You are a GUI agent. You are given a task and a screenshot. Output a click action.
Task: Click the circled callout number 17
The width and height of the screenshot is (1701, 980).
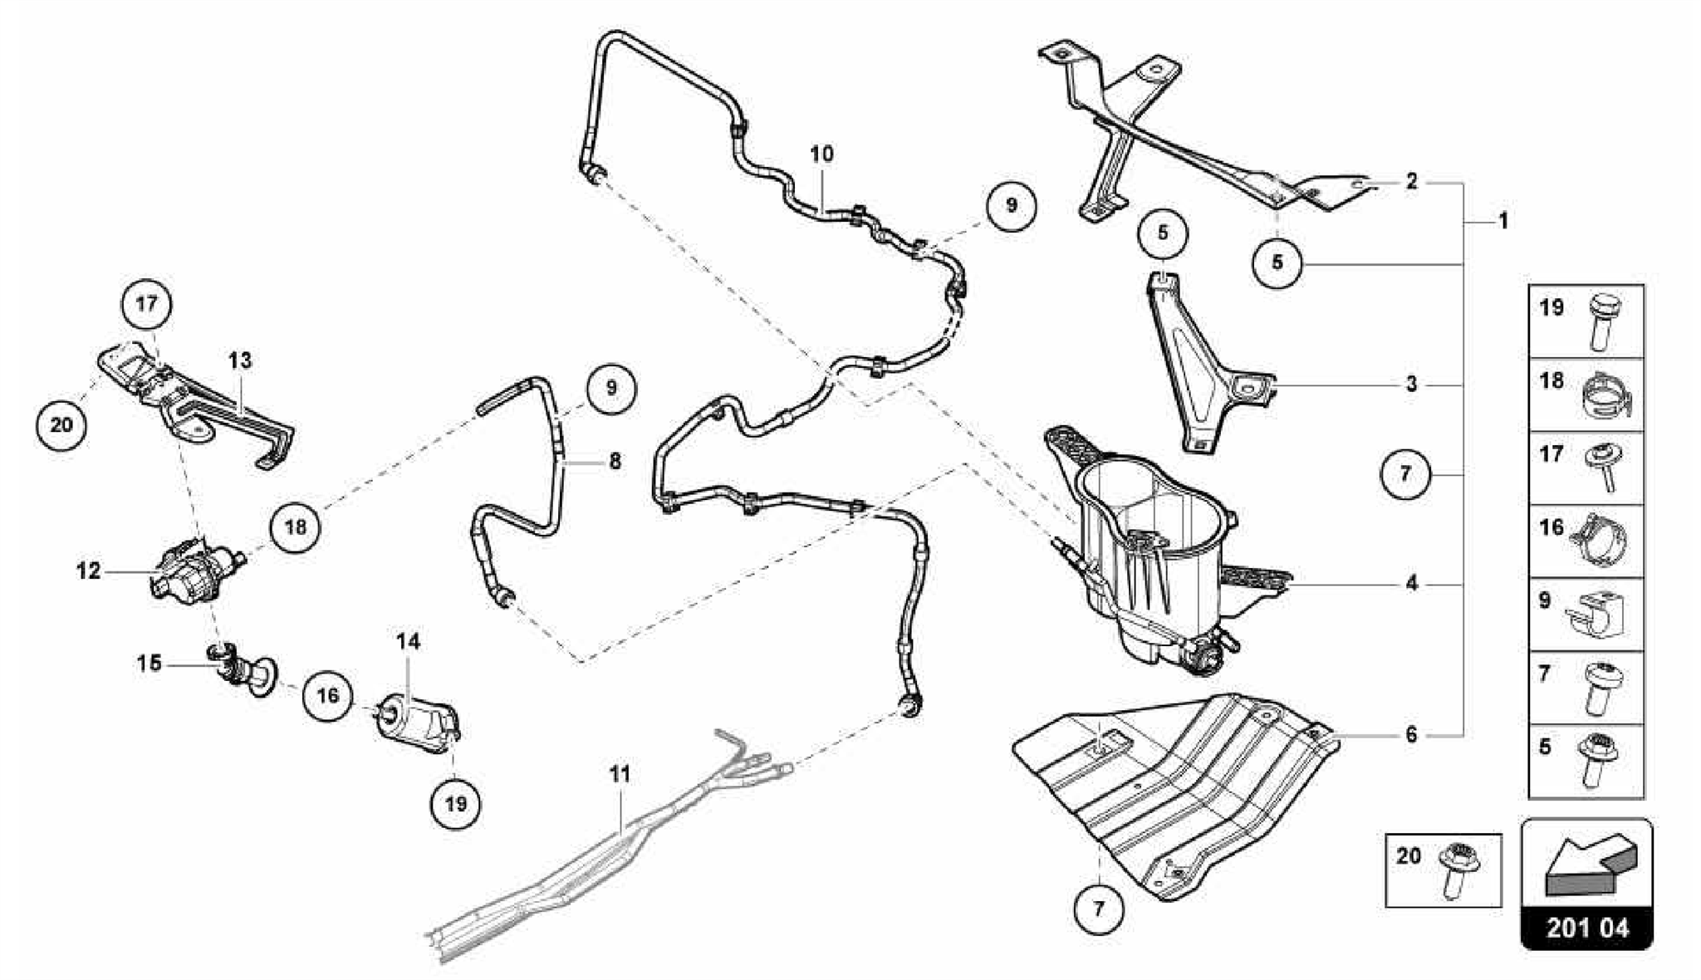[x=147, y=304]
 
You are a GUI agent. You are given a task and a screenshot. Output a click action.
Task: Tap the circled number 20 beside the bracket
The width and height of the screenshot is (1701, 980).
[x=61, y=425]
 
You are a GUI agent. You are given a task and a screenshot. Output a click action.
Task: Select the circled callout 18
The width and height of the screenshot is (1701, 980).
[x=296, y=527]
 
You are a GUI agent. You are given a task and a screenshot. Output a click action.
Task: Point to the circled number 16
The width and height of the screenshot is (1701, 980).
[x=327, y=694]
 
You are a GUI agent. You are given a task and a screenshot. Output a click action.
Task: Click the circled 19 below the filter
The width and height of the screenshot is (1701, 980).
[x=456, y=803]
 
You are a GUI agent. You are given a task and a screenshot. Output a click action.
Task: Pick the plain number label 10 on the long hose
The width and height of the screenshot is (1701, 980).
[x=821, y=154]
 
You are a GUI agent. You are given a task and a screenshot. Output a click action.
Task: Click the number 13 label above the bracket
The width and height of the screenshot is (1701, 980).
[x=240, y=360]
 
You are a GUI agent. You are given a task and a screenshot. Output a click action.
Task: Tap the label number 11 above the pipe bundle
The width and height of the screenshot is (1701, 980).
[x=620, y=774]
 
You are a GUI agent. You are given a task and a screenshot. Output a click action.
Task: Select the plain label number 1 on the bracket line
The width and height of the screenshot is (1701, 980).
[x=1502, y=221]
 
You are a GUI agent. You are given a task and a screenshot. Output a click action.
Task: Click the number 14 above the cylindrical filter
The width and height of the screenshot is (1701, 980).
[x=408, y=641]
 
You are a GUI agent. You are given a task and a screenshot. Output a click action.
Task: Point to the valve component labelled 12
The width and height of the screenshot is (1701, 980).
[x=193, y=566]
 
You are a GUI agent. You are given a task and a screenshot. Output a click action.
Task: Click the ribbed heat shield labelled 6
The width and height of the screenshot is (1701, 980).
[x=1179, y=789]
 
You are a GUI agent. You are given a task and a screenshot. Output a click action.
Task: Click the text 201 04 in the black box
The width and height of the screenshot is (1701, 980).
[x=1587, y=927]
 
